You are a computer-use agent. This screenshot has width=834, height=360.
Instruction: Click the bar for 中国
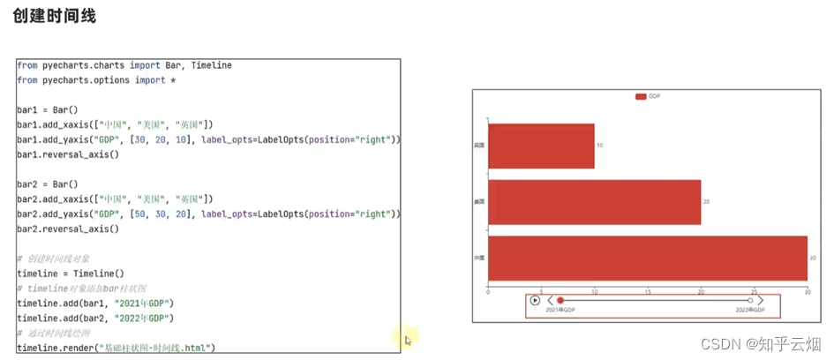tap(647, 258)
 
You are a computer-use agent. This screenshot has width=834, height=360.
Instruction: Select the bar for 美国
tap(594, 202)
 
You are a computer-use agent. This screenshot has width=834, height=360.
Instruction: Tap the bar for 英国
tap(541, 146)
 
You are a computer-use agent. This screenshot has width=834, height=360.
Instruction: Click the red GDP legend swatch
tap(641, 96)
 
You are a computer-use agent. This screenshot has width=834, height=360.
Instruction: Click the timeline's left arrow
tap(550, 301)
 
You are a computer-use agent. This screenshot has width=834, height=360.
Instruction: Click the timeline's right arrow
tap(761, 301)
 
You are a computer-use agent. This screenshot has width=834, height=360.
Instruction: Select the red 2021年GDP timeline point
tap(560, 301)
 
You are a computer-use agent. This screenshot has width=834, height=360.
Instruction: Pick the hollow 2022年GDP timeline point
tap(750, 301)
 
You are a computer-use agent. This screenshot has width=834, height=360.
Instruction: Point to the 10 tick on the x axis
tap(594, 290)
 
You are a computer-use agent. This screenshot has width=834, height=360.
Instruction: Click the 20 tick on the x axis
tap(701, 290)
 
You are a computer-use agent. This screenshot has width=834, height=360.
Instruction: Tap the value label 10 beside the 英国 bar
tap(600, 146)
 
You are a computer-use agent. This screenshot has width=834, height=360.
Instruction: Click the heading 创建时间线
tap(55, 16)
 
